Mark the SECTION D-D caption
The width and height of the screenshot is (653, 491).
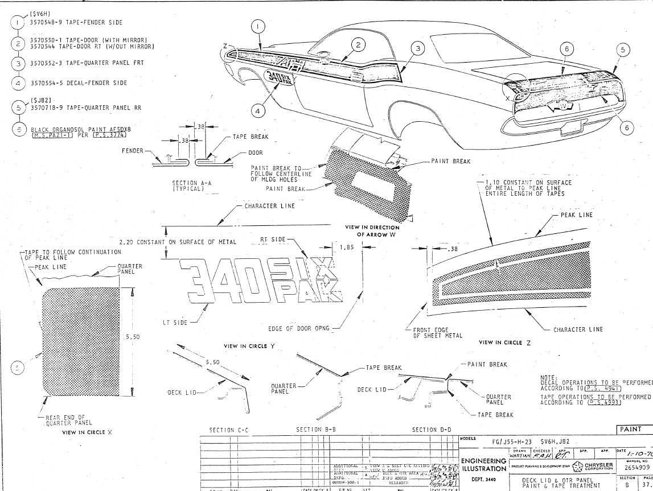tap(432, 430)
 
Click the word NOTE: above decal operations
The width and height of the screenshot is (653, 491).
tap(546, 376)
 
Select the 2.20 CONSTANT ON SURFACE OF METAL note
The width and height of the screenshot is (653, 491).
tap(178, 242)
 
